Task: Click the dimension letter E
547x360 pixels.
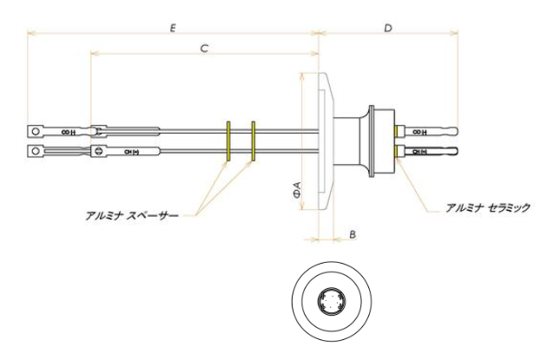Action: point(175,28)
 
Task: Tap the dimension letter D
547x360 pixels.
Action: point(388,28)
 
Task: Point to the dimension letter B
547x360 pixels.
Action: point(351,234)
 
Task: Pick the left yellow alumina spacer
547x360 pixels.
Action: point(227,141)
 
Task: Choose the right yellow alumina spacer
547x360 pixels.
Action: point(253,141)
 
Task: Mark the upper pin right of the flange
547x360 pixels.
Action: point(429,132)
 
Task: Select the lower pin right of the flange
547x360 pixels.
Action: point(429,152)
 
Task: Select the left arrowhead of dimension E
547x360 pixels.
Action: point(30,35)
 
